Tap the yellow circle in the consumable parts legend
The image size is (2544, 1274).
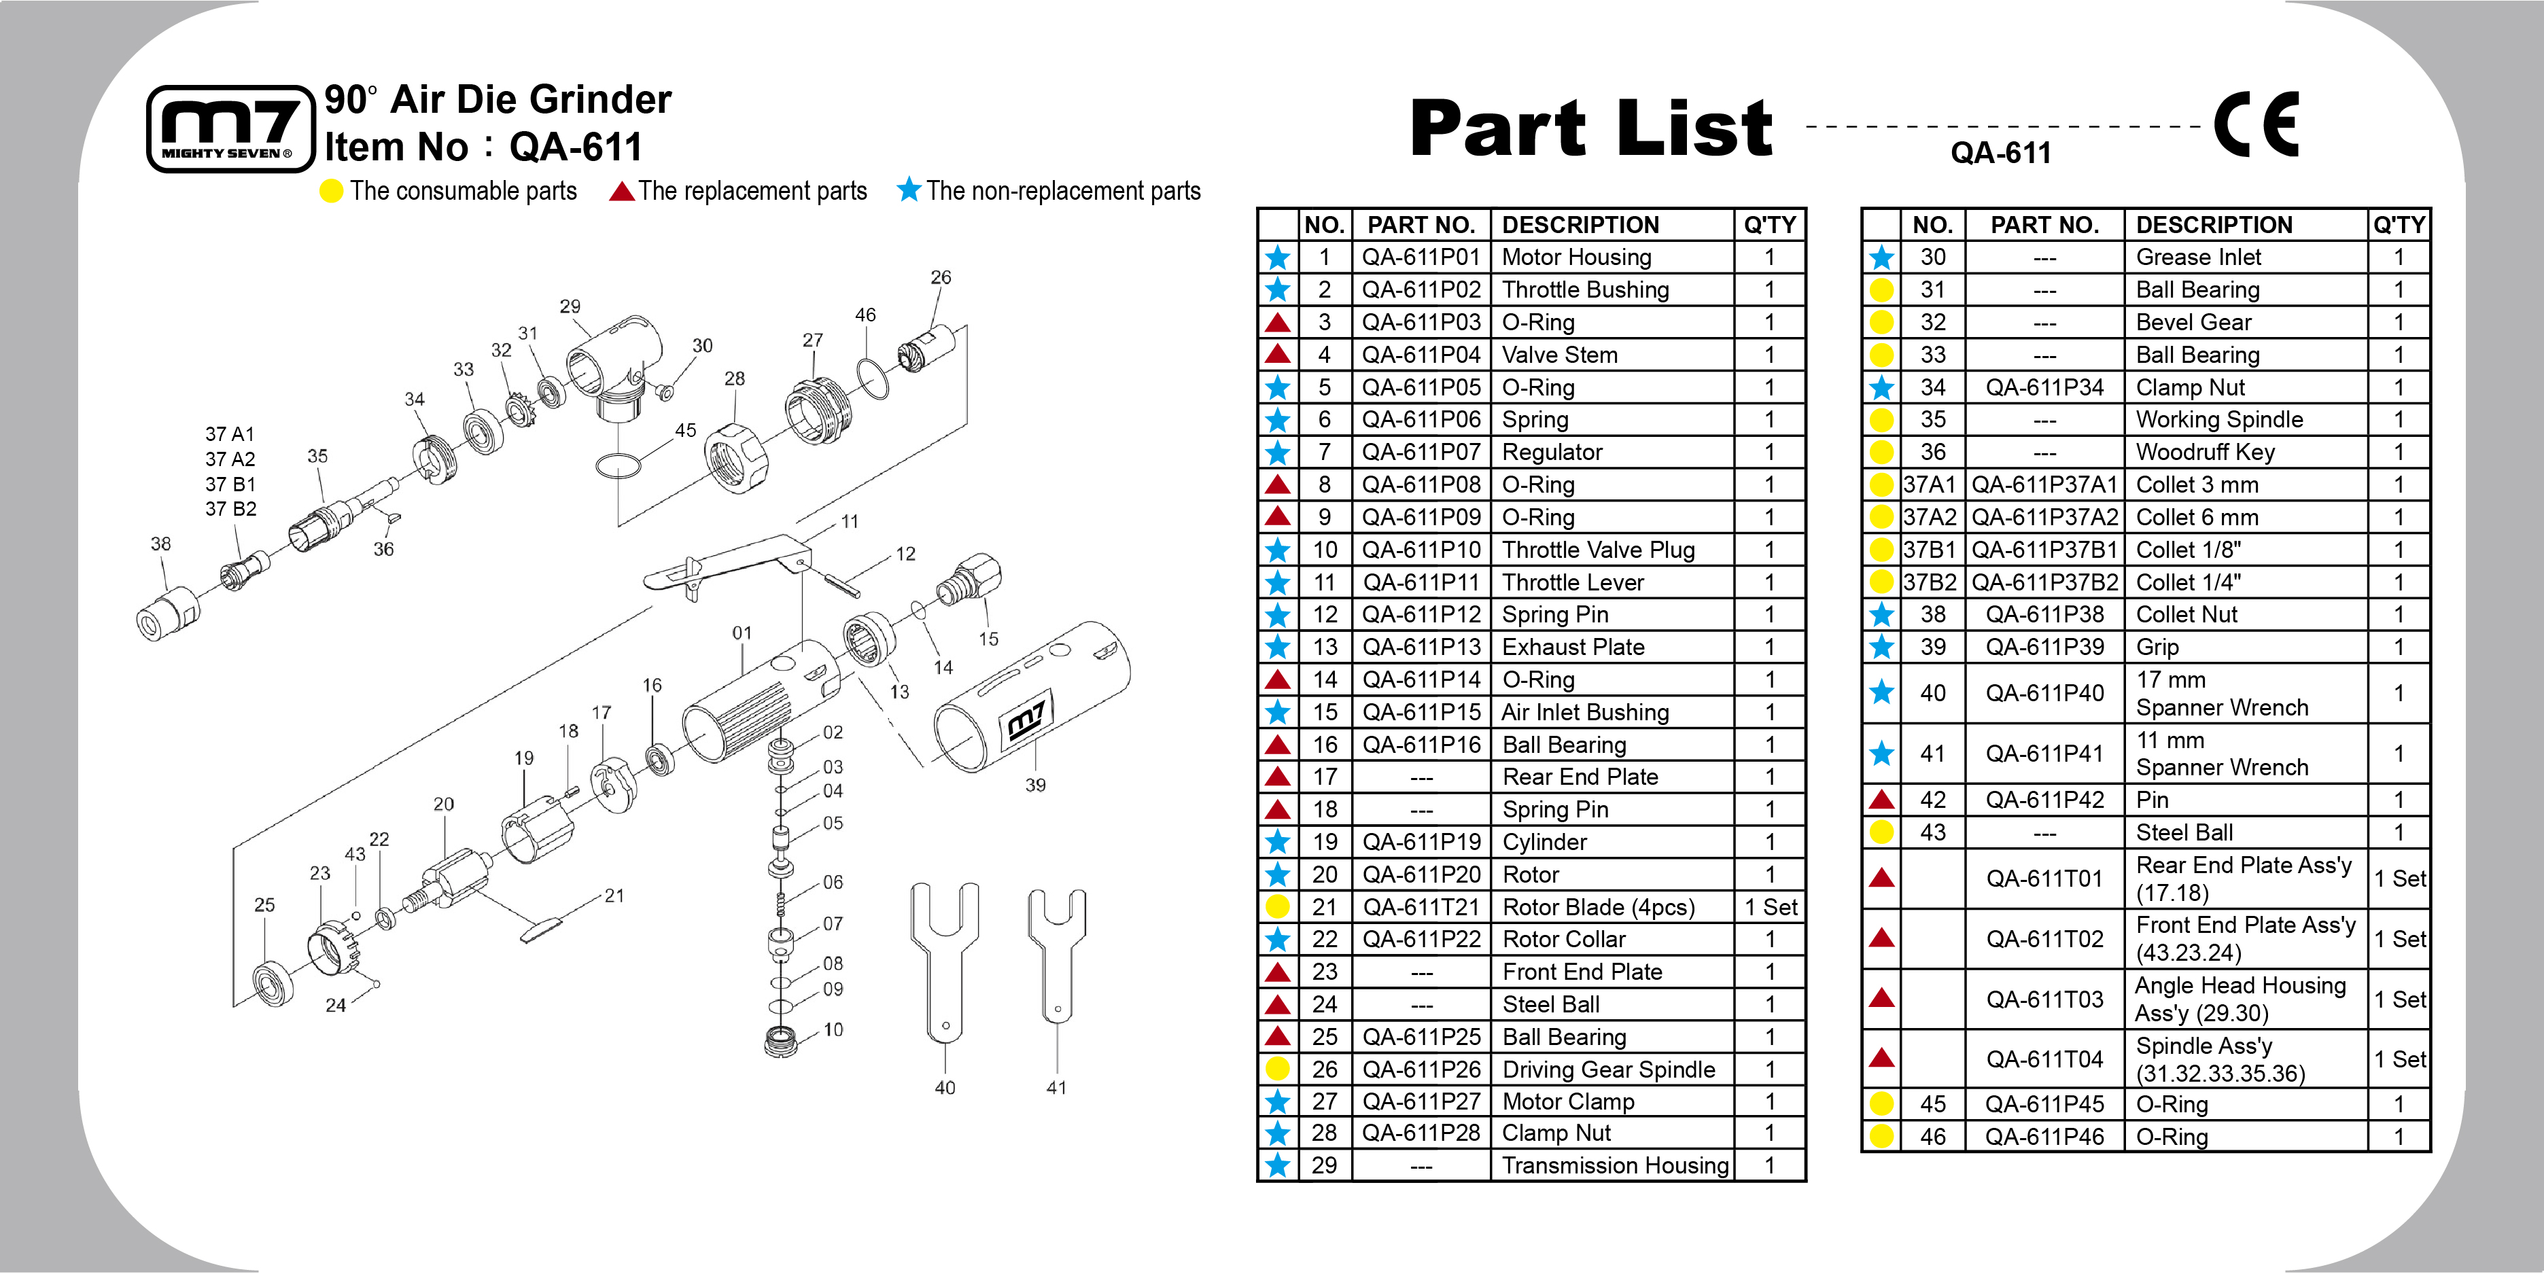coord(332,191)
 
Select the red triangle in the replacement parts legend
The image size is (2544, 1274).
coord(621,191)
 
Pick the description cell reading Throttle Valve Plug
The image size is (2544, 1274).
coord(1598,550)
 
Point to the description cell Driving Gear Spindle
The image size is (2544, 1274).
coord(1608,1069)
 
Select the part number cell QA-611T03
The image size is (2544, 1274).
coord(2044,999)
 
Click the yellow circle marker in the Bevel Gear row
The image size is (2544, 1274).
coord(1881,323)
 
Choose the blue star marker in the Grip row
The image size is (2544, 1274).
coord(1881,647)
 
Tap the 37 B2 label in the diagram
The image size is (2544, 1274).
coord(230,510)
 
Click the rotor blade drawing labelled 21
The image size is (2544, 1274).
coord(541,928)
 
